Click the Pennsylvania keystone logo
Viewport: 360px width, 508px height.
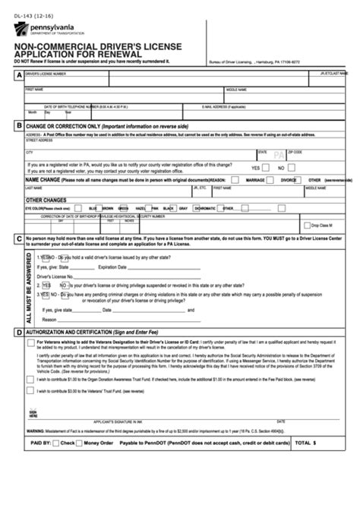[16, 30]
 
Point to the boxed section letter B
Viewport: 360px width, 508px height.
[17, 125]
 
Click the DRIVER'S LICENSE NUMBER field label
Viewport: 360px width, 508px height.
[46, 74]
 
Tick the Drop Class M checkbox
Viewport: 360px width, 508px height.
[306, 225]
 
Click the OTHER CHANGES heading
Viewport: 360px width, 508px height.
[48, 199]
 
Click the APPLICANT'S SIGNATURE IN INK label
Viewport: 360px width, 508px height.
[118, 421]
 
